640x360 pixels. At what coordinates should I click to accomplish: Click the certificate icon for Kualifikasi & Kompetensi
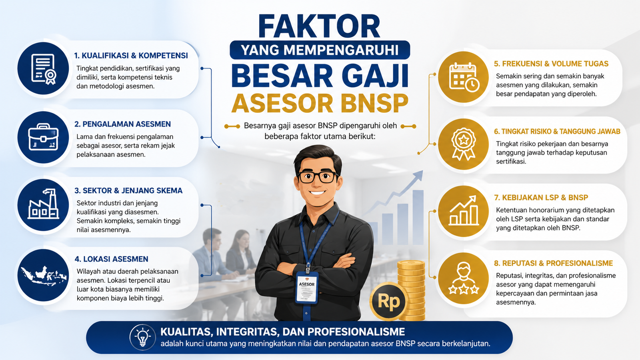coord(43,69)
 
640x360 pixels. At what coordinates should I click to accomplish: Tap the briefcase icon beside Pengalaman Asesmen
coord(43,137)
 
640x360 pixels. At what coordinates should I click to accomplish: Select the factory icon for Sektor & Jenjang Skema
coord(43,205)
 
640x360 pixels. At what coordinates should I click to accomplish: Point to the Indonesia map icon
coord(43,275)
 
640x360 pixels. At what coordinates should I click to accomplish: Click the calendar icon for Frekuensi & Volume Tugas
coord(464,77)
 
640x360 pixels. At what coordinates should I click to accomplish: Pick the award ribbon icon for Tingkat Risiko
coord(464,144)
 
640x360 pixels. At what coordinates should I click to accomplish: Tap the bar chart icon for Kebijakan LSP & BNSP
coord(464,211)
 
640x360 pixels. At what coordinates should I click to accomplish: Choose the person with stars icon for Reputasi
coord(464,278)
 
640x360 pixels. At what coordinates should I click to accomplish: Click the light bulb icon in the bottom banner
coord(142,337)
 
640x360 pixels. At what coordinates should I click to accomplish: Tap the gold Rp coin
coord(388,302)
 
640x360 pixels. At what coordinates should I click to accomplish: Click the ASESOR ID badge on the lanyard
coord(307,287)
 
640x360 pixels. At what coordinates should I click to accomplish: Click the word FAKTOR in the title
coord(319,27)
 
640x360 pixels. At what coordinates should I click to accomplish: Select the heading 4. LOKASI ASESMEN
coord(111,259)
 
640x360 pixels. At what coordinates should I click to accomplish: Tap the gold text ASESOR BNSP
coord(320,104)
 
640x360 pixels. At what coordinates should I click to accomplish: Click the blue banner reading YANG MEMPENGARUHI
coord(320,50)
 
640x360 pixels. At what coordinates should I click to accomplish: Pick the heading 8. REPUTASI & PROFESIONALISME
coord(553,263)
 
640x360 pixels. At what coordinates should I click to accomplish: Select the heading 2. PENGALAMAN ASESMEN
coord(122,124)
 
